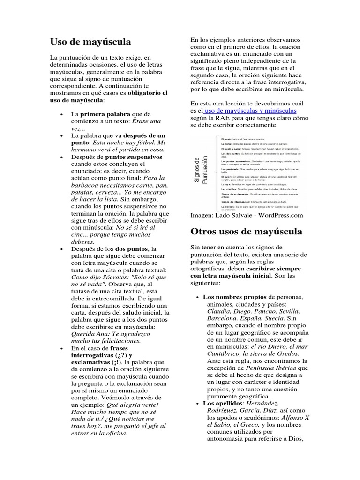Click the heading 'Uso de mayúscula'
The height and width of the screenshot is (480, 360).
90,42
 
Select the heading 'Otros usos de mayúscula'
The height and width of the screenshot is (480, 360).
246,231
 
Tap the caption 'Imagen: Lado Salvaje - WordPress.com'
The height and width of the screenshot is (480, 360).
247,215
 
